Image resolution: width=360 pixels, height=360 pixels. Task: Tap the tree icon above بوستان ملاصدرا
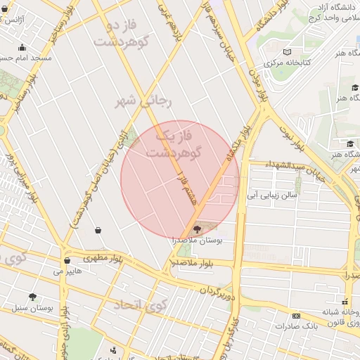(196, 228)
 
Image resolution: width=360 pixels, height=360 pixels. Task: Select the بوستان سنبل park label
(33, 308)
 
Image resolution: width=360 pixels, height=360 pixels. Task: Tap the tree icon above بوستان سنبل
(32, 297)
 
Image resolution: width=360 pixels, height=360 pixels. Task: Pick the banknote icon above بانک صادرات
(296, 316)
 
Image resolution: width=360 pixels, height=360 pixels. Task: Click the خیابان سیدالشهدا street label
(295, 169)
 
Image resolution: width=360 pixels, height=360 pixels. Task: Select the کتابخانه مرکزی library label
(286, 63)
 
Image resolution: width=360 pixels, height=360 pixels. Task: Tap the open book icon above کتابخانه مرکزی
(286, 51)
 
